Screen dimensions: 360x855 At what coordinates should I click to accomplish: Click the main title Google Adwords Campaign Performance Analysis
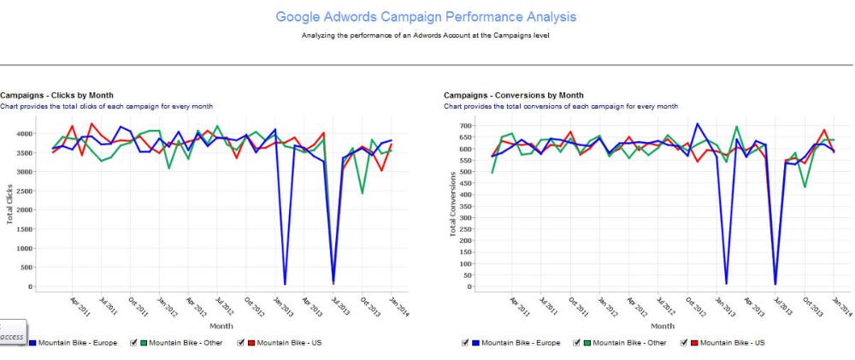click(427, 16)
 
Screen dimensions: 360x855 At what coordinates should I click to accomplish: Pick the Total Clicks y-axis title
click(9, 204)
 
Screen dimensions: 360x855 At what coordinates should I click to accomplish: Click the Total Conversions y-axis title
click(453, 205)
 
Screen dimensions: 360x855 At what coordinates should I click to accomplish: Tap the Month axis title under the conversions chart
click(662, 326)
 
